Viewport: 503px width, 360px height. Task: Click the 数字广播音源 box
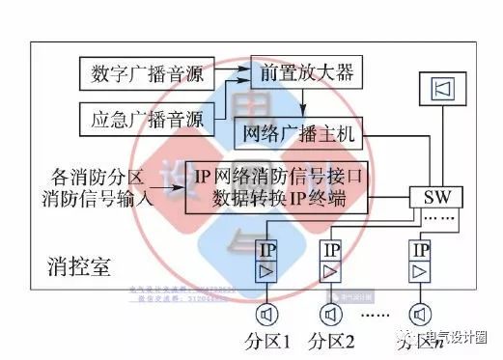pos(139,72)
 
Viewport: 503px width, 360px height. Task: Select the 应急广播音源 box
pos(139,120)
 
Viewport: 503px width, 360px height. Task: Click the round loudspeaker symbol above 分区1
pos(265,315)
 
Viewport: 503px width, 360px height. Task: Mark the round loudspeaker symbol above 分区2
pos(331,315)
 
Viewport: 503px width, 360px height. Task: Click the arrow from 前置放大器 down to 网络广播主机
pos(302,104)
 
